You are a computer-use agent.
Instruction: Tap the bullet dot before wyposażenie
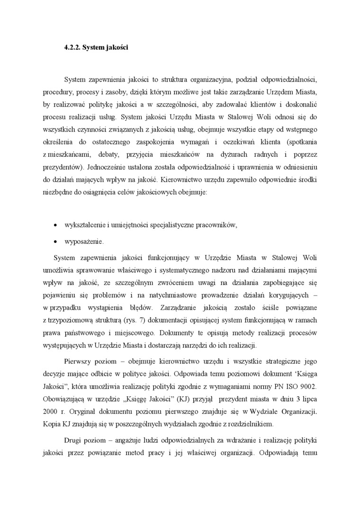point(56,241)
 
